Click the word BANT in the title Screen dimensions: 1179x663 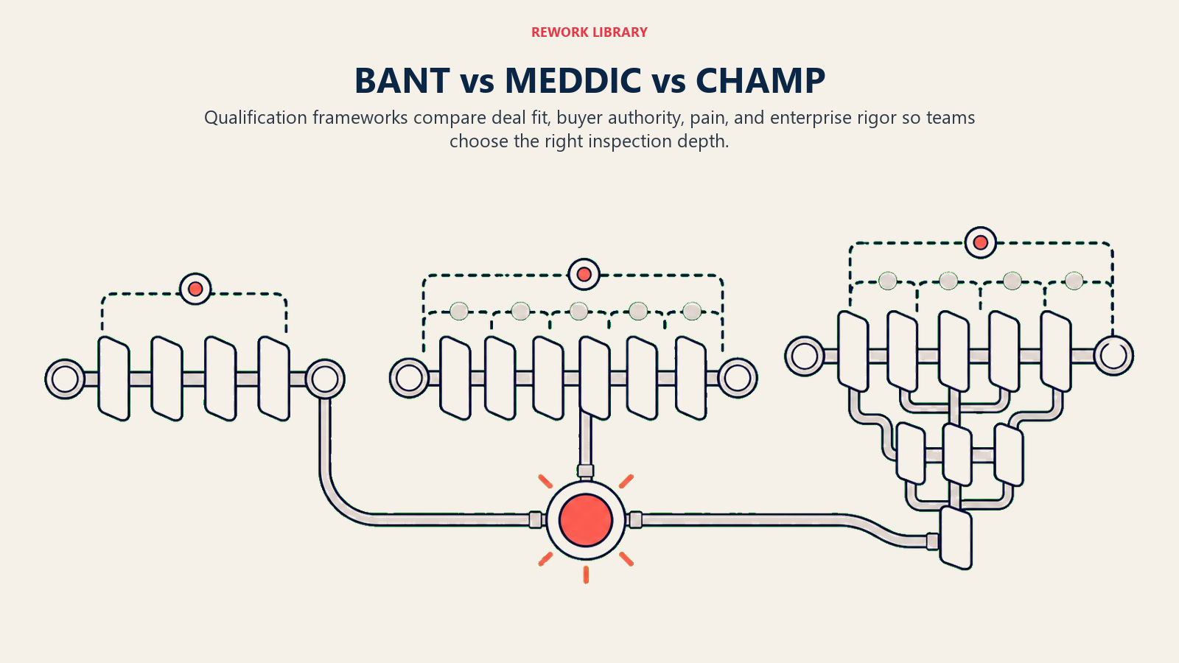(402, 80)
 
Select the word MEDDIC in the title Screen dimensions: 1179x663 (573, 80)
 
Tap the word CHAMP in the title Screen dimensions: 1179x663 (760, 80)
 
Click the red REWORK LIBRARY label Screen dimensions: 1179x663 (589, 32)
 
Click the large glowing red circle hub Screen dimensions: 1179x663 (586, 520)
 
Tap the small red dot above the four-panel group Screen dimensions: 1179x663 (195, 289)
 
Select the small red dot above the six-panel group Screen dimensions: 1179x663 (584, 274)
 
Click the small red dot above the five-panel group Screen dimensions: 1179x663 (981, 242)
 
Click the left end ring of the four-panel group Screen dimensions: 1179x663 (65, 379)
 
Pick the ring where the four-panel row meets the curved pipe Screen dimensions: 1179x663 (325, 379)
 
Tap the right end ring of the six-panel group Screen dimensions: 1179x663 (738, 378)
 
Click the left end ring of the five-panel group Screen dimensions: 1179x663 (804, 356)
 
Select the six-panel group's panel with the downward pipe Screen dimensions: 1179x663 (595, 378)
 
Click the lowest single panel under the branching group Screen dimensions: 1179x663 (956, 538)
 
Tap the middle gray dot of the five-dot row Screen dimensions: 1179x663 (578, 311)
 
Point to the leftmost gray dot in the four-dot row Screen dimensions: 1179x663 (888, 281)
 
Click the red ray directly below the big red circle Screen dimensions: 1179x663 (586, 575)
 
